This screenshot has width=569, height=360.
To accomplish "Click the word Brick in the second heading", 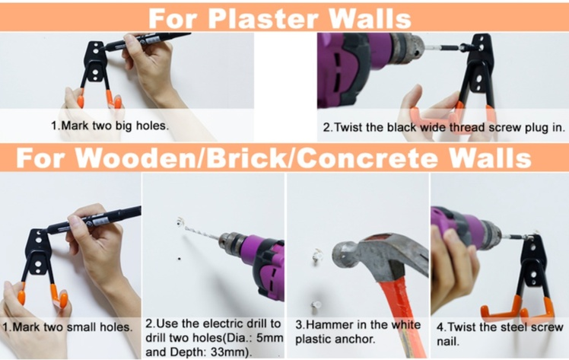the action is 246,158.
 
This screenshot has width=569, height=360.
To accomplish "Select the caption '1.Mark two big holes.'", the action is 110,126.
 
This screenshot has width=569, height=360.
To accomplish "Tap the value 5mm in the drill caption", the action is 269,338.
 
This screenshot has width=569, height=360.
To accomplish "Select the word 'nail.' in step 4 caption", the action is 448,341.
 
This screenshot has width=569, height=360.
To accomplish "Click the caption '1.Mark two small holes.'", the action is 67,327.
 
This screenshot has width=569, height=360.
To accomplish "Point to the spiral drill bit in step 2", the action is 202,232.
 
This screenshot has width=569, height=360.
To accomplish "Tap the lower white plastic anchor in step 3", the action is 316,305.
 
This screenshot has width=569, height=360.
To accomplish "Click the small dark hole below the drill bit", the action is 179,259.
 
